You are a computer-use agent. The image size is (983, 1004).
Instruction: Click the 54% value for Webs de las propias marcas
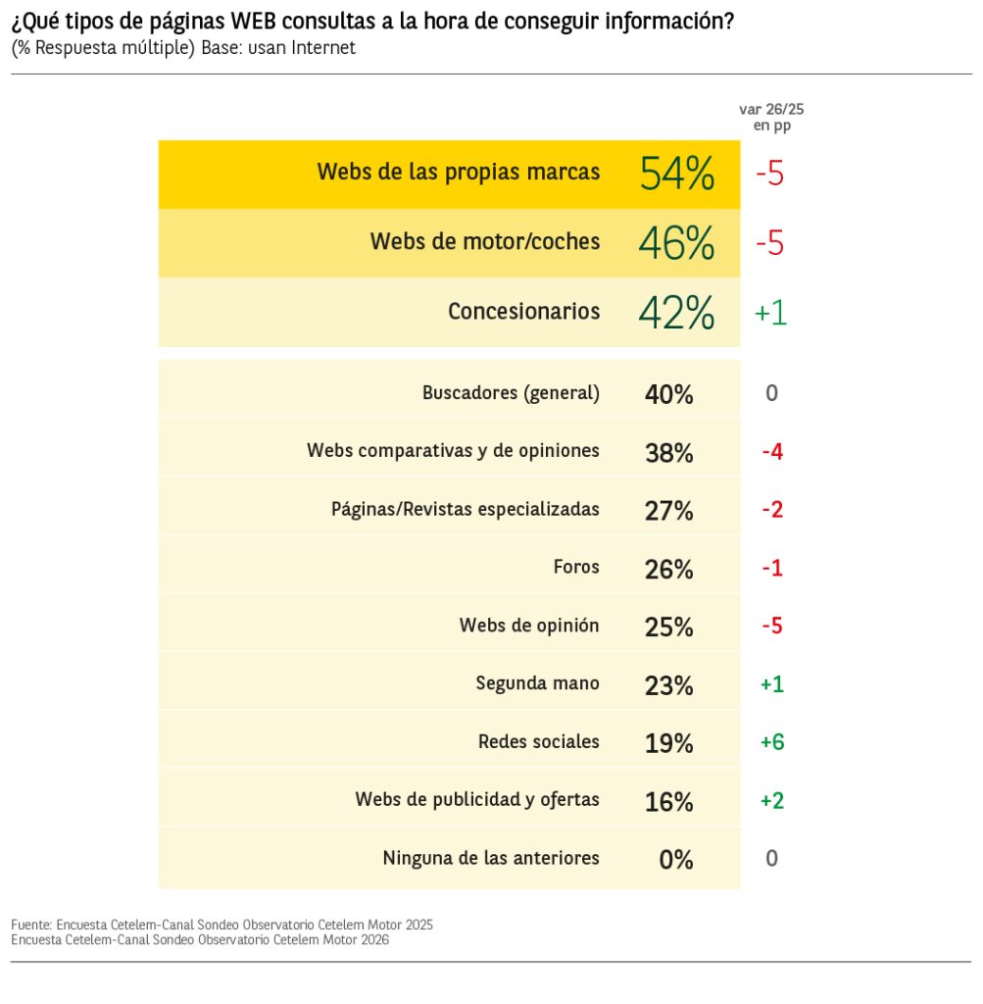click(x=676, y=174)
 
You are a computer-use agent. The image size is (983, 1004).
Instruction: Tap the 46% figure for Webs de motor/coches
click(x=676, y=242)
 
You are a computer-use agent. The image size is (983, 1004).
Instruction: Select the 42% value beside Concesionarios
click(x=676, y=313)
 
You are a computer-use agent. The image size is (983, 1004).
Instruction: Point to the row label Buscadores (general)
click(x=511, y=393)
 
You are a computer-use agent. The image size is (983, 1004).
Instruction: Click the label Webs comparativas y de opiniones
click(x=453, y=451)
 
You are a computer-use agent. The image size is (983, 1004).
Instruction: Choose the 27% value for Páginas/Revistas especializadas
click(x=669, y=511)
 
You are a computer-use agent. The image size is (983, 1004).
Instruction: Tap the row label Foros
click(x=576, y=567)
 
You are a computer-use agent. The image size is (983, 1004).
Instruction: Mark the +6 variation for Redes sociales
click(x=772, y=742)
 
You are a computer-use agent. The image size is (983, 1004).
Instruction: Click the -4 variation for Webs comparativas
click(x=772, y=452)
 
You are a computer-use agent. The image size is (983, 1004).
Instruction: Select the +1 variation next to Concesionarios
click(x=770, y=313)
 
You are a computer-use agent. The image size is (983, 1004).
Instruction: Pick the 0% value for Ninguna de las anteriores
click(x=676, y=860)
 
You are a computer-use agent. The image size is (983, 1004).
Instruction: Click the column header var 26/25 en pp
click(x=771, y=117)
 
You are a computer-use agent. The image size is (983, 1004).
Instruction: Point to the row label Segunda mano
click(x=537, y=683)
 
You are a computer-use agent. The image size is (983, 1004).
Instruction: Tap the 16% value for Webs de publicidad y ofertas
click(x=669, y=801)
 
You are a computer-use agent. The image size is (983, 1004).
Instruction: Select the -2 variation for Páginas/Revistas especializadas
click(x=772, y=510)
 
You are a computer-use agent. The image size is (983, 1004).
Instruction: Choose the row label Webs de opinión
click(x=529, y=626)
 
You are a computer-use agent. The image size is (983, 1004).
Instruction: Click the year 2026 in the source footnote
click(x=372, y=939)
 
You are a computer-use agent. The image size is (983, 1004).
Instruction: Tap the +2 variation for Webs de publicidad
click(x=772, y=801)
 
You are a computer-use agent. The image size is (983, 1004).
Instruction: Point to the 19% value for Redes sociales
click(x=669, y=743)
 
